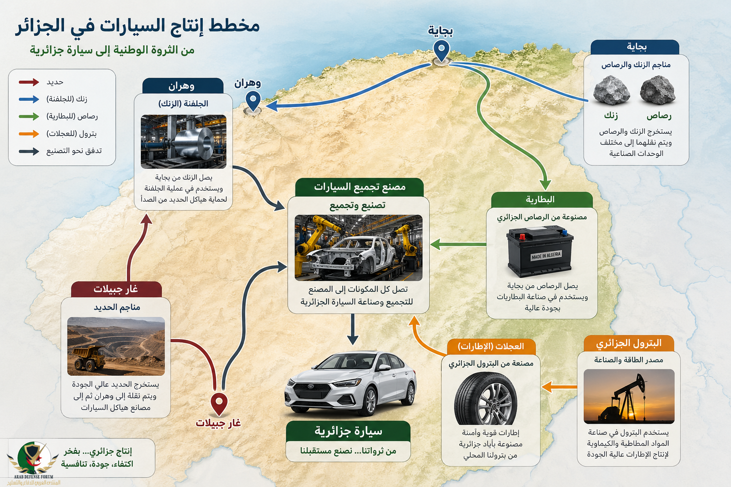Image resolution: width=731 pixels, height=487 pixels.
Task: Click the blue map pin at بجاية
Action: tap(442, 51)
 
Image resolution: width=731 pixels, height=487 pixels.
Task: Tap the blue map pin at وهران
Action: tap(253, 101)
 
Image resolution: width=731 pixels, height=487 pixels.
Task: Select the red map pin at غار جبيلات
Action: tap(219, 403)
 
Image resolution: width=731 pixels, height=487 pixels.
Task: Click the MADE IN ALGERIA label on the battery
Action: tap(546, 255)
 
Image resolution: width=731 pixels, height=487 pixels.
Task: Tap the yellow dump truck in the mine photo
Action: tap(89, 358)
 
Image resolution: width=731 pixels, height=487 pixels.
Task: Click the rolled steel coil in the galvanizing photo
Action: tap(195, 142)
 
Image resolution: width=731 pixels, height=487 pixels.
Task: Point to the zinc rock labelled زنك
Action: tap(611, 90)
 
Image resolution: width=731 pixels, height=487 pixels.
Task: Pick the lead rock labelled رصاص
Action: tap(658, 90)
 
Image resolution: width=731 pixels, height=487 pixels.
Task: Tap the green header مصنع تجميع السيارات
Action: tap(359, 187)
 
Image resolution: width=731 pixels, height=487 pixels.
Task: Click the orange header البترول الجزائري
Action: tap(629, 343)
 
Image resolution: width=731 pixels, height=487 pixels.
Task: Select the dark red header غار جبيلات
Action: tap(116, 289)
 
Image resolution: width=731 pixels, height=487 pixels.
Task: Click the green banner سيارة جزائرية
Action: tap(348, 431)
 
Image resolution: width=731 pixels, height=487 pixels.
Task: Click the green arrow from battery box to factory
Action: tap(458, 244)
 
